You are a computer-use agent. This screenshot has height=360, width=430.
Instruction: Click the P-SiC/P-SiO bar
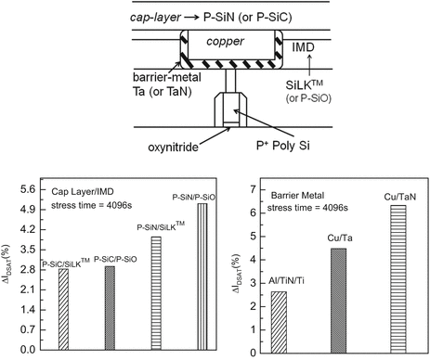(109, 308)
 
